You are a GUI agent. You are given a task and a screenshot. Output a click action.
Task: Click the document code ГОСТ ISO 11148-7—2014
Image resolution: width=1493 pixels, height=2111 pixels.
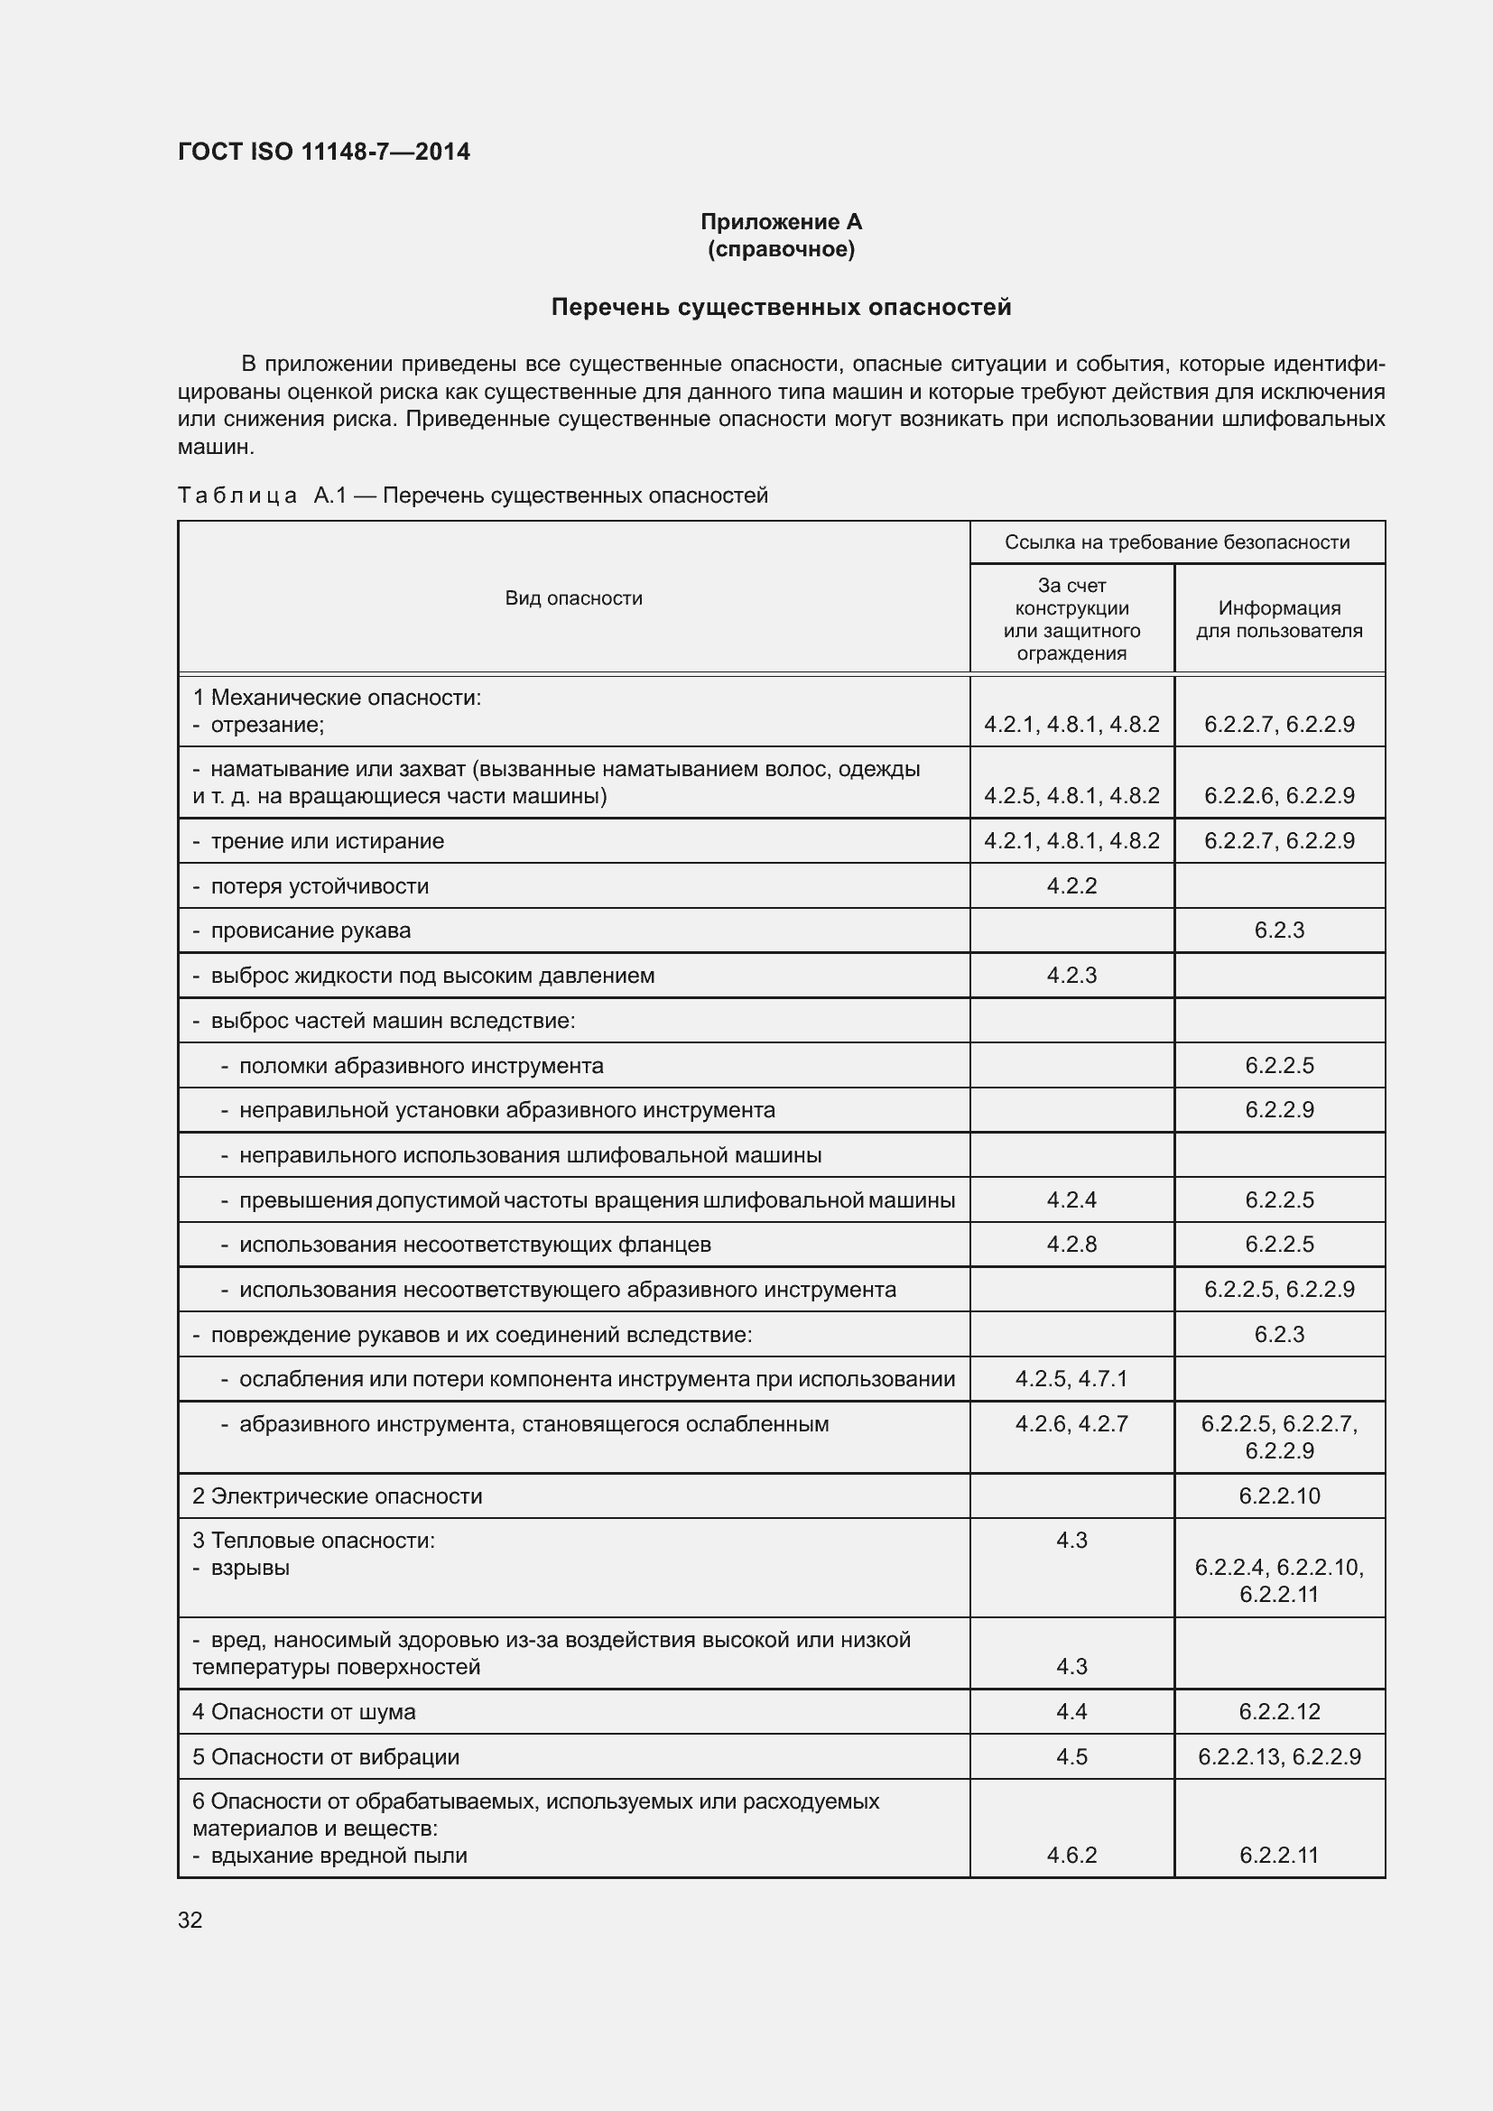[x=324, y=152]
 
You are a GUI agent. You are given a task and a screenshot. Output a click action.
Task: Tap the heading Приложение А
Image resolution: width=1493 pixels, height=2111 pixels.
[x=781, y=222]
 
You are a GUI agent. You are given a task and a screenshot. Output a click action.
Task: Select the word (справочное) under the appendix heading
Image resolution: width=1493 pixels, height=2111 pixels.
[x=781, y=249]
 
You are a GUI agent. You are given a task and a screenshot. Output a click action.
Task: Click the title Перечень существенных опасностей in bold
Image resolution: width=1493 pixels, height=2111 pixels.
[x=781, y=307]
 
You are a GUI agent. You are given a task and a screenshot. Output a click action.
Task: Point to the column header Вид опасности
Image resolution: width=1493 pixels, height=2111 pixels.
[x=573, y=598]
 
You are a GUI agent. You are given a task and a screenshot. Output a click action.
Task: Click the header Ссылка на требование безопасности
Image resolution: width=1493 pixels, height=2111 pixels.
[x=1177, y=542]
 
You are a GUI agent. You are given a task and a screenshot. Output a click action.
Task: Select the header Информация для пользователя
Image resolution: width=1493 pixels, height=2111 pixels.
[x=1279, y=619]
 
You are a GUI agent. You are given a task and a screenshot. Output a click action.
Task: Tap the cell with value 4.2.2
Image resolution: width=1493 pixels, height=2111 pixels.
[x=1071, y=885]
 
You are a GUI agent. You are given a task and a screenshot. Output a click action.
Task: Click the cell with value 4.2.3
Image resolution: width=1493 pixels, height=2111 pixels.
[x=1071, y=975]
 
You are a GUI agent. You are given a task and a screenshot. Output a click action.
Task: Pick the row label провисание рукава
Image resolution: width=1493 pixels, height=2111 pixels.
[x=310, y=931]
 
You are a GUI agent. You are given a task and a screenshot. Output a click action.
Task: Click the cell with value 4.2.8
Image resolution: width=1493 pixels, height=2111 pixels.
[x=1071, y=1244]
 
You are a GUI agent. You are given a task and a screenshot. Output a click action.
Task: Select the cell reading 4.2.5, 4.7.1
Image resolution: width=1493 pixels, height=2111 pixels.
[x=1071, y=1378]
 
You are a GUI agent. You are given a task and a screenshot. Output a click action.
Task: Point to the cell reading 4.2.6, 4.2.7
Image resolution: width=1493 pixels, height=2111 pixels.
[x=1071, y=1423]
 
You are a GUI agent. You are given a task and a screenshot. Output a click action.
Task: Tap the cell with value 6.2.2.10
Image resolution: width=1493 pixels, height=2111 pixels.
[x=1279, y=1495]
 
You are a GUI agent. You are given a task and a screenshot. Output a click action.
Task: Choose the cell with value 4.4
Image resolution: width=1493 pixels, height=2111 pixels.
[x=1071, y=1711]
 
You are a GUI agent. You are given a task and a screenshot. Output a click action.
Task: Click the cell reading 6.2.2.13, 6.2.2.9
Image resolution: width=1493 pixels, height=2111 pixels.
[x=1279, y=1756]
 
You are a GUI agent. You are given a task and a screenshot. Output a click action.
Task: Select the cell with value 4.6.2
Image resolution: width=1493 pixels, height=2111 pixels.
[x=1071, y=1855]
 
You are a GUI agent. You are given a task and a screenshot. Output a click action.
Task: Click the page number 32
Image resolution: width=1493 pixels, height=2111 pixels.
[x=190, y=1920]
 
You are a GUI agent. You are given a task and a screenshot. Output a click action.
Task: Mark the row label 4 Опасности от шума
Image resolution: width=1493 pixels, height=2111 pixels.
[x=303, y=1712]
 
